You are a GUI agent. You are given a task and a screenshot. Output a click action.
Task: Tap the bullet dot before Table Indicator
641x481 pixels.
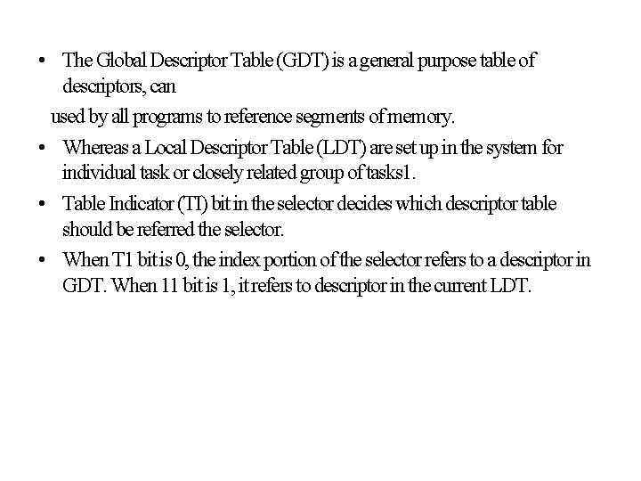coord(43,205)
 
